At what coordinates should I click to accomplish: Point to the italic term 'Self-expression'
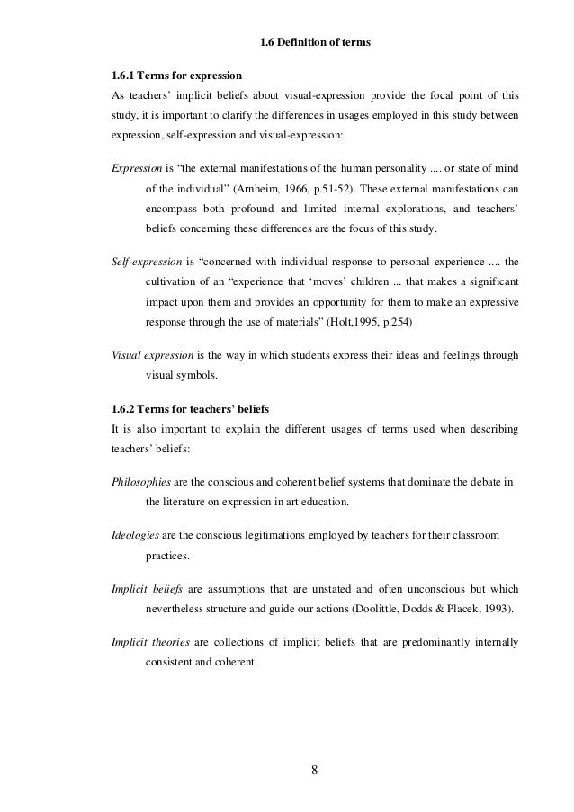(143, 263)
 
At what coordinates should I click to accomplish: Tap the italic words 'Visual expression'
(151, 355)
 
